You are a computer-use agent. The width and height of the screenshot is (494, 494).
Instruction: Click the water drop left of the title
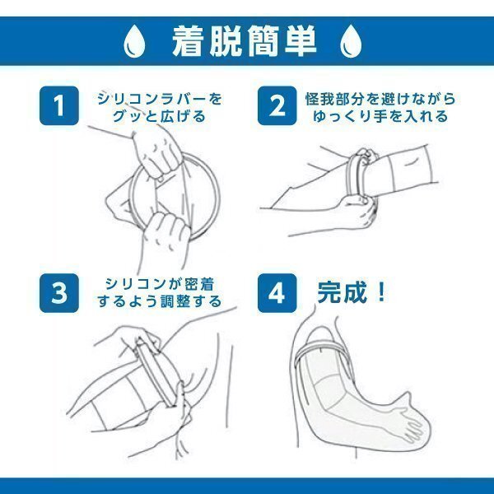click(134, 41)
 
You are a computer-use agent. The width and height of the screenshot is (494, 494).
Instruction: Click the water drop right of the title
click(351, 41)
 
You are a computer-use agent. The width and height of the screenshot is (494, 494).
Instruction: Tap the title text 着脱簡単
click(245, 41)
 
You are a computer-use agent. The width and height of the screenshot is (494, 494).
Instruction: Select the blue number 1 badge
click(59, 105)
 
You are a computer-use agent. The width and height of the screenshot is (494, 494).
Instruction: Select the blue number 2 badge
click(277, 105)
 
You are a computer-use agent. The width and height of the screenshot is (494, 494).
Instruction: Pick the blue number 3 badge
click(59, 293)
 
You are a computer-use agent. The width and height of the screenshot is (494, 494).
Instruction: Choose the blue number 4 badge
click(277, 293)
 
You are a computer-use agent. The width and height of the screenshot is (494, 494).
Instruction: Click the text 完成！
click(352, 292)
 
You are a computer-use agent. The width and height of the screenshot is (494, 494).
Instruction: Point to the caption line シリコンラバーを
click(160, 99)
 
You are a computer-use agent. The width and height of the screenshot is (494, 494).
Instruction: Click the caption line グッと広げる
click(159, 116)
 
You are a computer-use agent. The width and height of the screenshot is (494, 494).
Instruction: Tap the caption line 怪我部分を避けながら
click(380, 99)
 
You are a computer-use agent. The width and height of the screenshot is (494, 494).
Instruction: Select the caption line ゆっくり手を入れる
click(380, 116)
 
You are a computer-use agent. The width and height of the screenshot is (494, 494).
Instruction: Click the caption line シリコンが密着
click(160, 284)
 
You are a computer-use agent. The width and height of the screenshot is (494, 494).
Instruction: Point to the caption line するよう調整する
click(160, 301)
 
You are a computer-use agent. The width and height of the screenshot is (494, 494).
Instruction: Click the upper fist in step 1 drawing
click(156, 154)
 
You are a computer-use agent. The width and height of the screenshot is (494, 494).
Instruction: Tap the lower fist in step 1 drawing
click(165, 233)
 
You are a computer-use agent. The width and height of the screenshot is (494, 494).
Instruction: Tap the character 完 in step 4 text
click(329, 292)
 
